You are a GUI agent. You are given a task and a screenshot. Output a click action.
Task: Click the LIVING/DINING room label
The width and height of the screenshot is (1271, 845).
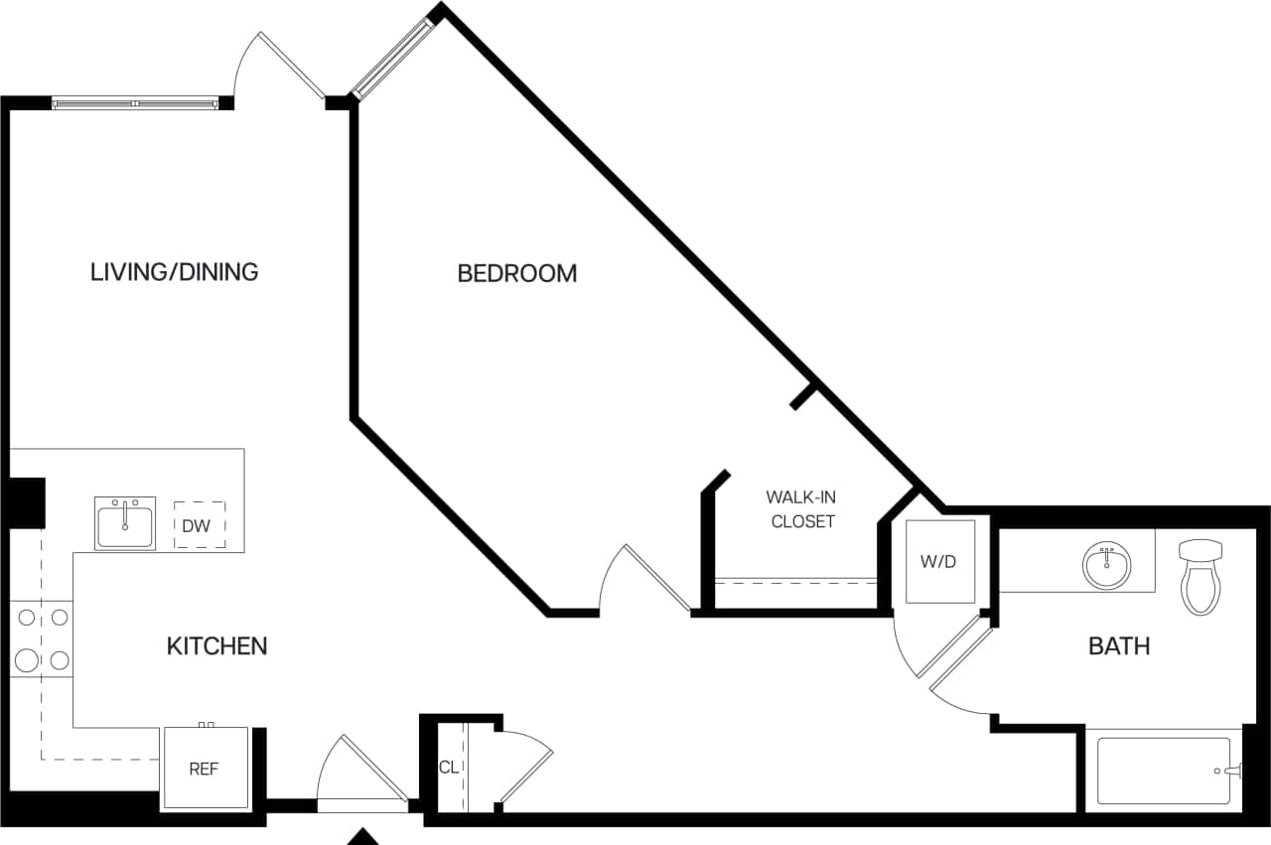[175, 271]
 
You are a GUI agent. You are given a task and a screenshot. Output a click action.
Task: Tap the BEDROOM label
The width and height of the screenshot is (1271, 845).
[516, 273]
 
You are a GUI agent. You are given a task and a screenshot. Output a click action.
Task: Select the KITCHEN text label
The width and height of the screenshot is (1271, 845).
[216, 645]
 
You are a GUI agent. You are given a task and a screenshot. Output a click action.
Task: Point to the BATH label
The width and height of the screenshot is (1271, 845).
[1119, 645]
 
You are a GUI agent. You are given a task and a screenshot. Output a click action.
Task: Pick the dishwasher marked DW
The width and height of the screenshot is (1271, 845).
[199, 525]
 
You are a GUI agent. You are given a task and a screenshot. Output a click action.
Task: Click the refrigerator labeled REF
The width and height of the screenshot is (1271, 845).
[205, 769]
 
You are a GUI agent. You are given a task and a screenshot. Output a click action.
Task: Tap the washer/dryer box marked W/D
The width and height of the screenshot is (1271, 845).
[938, 561]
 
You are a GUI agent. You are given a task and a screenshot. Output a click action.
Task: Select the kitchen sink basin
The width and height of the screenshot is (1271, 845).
[125, 523]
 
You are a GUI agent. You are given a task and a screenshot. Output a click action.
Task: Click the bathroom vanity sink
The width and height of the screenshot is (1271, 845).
[1105, 566]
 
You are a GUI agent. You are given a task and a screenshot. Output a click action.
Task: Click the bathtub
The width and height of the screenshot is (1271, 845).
[1163, 771]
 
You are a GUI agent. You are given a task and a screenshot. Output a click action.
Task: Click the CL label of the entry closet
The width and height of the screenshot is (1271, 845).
[449, 767]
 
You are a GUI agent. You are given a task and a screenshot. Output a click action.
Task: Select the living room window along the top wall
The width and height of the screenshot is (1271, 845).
[135, 102]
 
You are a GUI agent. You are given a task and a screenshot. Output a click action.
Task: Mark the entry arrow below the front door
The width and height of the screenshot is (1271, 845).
[363, 836]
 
